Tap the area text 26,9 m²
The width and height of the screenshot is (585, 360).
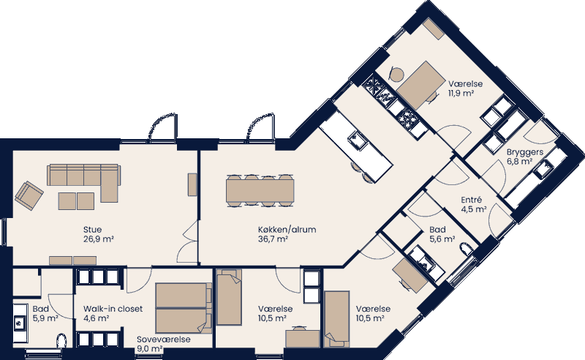pos(98,239)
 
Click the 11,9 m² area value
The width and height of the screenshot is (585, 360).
pos(462,94)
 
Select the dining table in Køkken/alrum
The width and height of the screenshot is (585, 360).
pos(260,190)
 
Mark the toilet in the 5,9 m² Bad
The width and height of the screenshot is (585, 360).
pos(61,339)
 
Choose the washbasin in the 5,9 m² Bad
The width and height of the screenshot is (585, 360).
pos(18,320)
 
